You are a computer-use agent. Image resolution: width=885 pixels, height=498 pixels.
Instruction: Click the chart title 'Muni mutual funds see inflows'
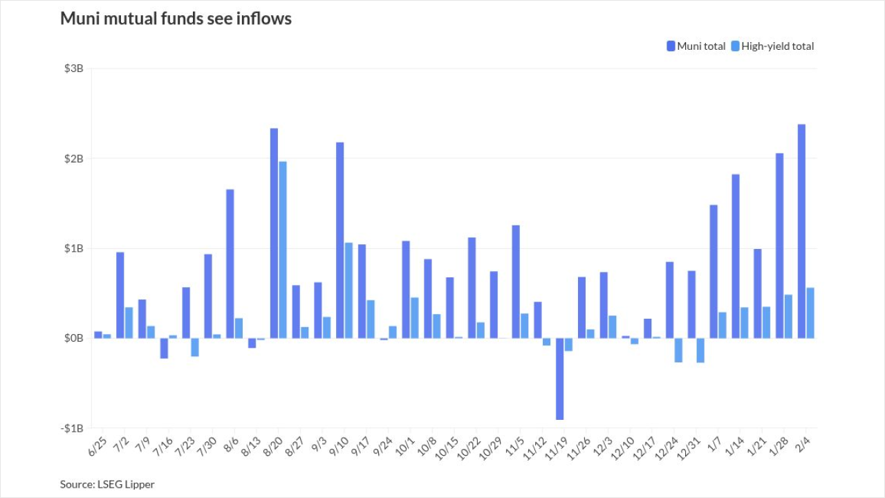point(176,19)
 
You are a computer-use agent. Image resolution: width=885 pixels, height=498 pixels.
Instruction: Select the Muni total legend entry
point(696,46)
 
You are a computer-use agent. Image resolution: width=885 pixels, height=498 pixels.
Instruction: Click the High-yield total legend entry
point(772,46)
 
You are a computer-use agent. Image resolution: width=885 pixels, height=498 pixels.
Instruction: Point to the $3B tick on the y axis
point(74,68)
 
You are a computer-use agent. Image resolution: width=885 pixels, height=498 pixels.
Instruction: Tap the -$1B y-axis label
point(73,428)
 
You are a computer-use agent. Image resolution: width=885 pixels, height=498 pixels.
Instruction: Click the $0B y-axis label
point(74,338)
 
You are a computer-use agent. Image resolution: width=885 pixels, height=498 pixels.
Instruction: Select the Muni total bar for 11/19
point(560,378)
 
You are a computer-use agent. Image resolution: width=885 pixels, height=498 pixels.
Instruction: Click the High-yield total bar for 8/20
point(282,250)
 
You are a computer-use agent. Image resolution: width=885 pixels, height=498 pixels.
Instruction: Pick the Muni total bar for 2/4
point(802,231)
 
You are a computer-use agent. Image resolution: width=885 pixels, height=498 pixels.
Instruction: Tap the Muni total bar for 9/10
point(340,240)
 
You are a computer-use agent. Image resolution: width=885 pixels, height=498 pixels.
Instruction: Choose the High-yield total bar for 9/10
point(348,290)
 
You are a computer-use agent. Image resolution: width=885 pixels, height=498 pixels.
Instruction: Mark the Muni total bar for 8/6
point(230,264)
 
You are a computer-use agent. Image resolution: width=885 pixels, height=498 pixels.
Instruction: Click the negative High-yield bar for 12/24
point(678,350)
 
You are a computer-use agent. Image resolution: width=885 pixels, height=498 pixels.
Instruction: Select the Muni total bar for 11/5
point(516,282)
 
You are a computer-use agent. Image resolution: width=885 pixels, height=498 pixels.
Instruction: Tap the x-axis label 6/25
point(96,446)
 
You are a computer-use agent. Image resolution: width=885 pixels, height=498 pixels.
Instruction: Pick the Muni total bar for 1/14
point(736,256)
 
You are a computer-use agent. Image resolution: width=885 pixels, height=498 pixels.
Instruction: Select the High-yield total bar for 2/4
point(810,313)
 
